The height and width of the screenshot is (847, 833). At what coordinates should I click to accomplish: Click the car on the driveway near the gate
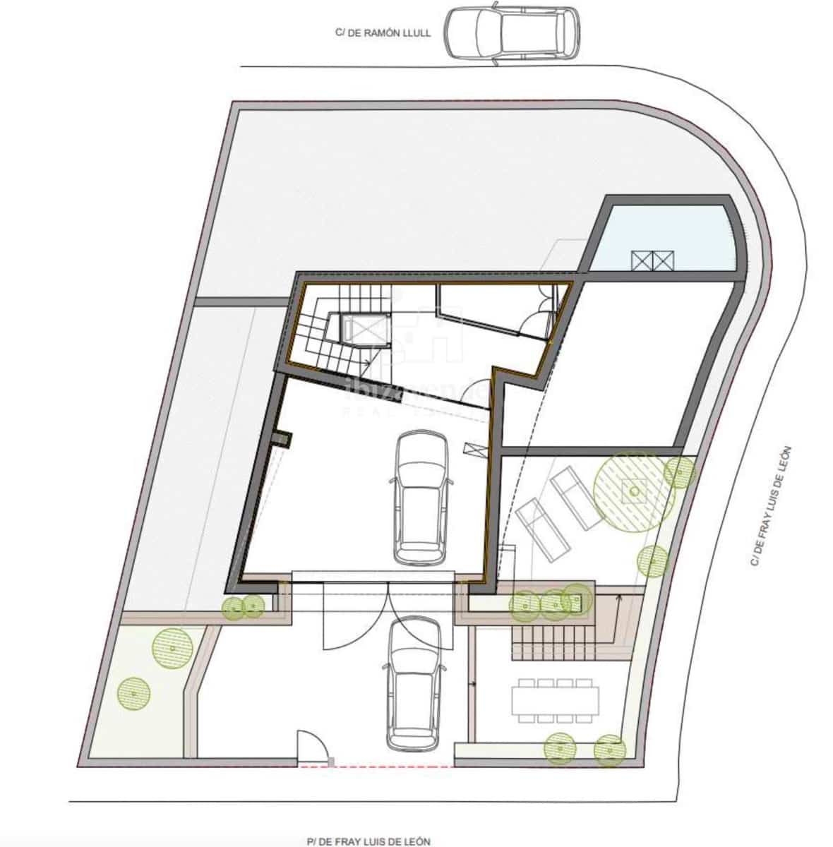point(414,682)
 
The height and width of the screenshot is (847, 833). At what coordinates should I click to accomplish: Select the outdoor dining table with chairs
point(556,700)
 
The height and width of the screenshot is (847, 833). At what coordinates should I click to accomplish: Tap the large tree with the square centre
point(633,491)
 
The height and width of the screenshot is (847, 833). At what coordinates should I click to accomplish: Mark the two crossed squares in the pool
point(653,260)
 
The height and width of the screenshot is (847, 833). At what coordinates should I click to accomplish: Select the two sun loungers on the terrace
point(559,508)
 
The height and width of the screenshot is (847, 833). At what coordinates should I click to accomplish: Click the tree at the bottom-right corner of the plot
point(610,750)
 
